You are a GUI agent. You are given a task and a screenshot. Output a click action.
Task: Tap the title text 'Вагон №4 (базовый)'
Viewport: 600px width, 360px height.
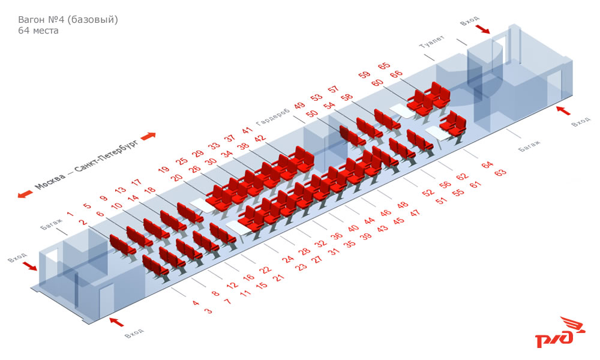[x=68, y=20]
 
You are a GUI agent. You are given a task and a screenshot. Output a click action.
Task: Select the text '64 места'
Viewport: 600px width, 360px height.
[x=38, y=31]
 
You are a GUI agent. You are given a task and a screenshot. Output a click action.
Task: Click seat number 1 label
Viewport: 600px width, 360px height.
[x=70, y=214]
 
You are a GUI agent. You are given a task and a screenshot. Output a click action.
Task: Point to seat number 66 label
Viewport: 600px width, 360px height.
[x=397, y=74]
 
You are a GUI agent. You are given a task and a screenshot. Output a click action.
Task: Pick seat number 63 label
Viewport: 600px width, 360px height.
[x=500, y=173]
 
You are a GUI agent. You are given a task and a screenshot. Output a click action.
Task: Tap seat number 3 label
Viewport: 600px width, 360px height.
[x=208, y=311]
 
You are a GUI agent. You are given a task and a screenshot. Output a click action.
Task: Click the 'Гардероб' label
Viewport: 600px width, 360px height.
[x=273, y=116]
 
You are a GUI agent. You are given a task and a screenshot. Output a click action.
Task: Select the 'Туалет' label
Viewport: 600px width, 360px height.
[x=432, y=42]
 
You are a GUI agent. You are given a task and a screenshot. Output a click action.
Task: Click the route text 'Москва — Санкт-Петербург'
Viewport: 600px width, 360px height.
[x=86, y=165]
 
